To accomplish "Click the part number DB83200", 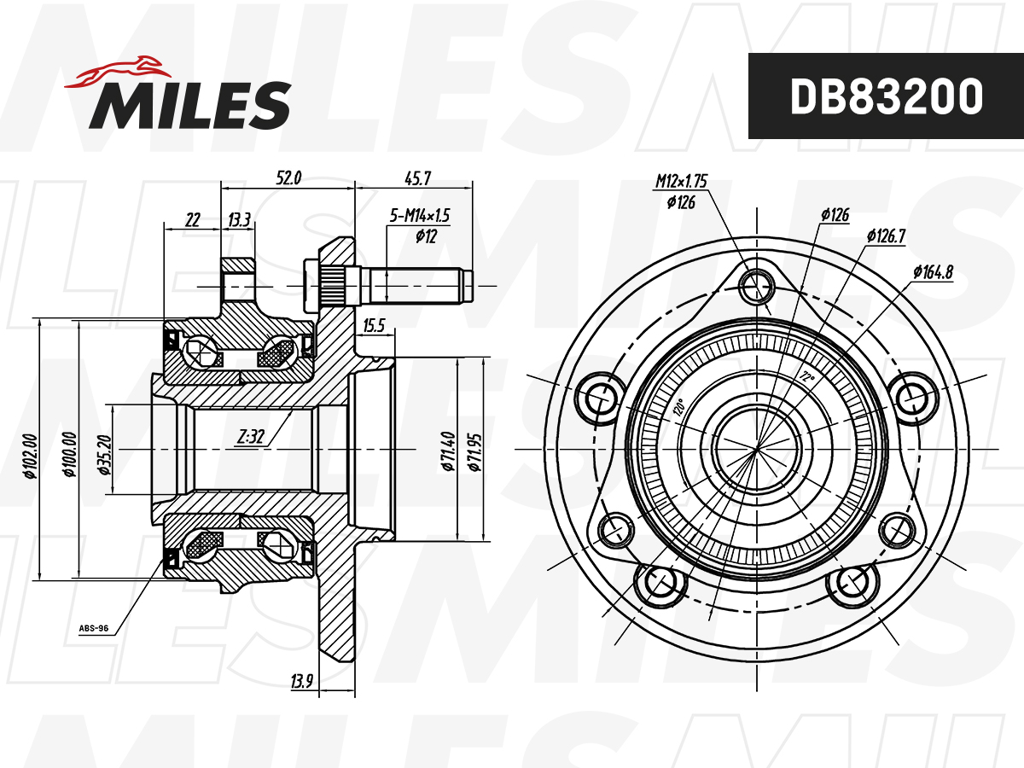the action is tap(887, 96).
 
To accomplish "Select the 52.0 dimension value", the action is tap(288, 177).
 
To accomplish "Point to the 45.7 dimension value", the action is tap(417, 178).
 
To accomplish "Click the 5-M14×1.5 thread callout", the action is tap(419, 215).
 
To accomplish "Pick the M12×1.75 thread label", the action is tap(681, 180).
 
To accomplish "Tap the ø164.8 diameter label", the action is tap(933, 271).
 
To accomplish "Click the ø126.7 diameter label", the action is tap(886, 236).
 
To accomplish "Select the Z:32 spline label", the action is tap(251, 437).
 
